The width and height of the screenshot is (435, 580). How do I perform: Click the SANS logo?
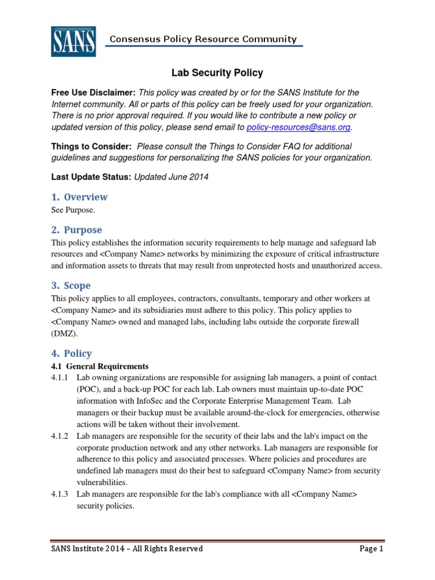tap(73, 41)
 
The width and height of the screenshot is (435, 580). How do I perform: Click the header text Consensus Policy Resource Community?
tap(203, 39)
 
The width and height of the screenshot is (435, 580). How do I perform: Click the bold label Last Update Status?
tap(91, 177)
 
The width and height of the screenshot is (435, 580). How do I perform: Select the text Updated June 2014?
tap(171, 177)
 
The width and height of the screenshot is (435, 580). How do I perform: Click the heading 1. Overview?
tap(79, 197)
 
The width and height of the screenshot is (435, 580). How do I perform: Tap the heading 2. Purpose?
tap(76, 230)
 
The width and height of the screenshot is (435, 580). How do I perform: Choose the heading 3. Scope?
tap(71, 285)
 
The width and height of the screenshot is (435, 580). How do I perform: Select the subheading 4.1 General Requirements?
tap(100, 366)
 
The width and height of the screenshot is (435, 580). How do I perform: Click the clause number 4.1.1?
tap(59, 378)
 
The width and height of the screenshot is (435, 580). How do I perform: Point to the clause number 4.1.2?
tap(59, 436)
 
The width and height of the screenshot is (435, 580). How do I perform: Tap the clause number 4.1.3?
tap(59, 494)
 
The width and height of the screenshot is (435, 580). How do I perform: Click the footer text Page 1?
tap(372, 549)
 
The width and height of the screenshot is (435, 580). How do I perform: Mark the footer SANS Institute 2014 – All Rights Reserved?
tap(127, 549)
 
